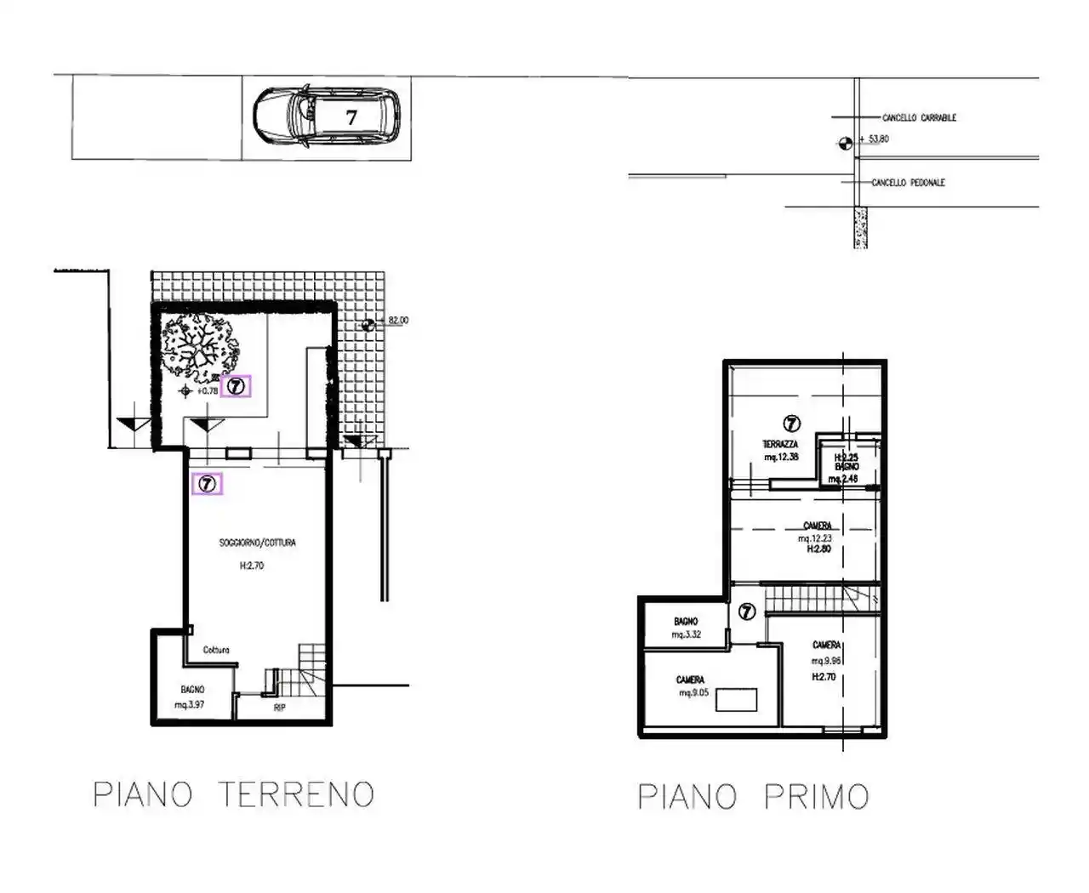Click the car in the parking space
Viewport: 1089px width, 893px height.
[326, 117]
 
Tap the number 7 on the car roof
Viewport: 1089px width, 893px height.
[351, 117]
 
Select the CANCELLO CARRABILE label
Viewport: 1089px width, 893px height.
[919, 117]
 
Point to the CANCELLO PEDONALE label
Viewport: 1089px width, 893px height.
[908, 183]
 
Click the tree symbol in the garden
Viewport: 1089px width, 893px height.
[202, 347]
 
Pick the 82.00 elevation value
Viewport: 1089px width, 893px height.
[397, 321]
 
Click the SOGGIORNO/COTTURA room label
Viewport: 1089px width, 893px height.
[257, 543]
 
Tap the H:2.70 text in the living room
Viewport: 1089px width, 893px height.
[252, 566]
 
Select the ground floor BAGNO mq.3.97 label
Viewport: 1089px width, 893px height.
[191, 697]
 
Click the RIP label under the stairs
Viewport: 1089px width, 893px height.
[279, 708]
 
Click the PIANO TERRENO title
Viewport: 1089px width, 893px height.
[233, 794]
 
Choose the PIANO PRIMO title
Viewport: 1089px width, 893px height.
[754, 797]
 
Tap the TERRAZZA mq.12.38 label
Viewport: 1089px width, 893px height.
[780, 451]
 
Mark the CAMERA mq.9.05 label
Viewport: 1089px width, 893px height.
[691, 686]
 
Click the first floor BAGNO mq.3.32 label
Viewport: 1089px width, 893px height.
[686, 629]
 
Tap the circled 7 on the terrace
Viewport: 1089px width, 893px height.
[791, 423]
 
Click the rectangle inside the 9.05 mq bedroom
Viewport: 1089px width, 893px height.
[736, 700]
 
